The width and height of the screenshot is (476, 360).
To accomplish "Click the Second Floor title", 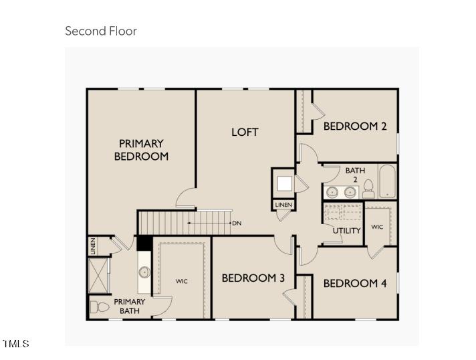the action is [101, 31].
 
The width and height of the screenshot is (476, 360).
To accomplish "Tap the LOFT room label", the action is [245, 132].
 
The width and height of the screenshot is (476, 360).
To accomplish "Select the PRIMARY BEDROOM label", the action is [141, 150].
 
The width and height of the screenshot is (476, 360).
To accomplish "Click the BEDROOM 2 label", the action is [355, 126].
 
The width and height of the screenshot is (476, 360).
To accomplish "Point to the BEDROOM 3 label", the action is [253, 278].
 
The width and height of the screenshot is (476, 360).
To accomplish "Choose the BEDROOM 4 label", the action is [355, 284].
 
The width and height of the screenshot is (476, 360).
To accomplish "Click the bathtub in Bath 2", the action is [387, 181].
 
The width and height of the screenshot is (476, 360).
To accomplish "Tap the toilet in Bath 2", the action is [368, 189].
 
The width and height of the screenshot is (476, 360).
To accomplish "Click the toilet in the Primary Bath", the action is [100, 307].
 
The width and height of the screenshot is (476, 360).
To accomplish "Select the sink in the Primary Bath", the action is [144, 272].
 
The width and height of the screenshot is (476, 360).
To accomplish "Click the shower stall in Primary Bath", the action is [98, 276].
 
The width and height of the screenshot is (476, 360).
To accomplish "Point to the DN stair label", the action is [237, 223].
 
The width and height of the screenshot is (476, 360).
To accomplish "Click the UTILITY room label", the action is [347, 231].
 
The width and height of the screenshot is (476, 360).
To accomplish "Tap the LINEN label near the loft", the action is [283, 205].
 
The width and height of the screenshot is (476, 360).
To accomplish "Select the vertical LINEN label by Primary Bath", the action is [93, 246].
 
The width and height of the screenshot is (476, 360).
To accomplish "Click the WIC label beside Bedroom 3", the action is [182, 281].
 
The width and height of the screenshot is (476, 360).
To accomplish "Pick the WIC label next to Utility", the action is [377, 227].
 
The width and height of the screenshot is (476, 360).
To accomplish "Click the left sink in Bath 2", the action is [333, 192].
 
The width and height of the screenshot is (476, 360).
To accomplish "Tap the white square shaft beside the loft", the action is [285, 183].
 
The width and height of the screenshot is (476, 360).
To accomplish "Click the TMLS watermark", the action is [16, 343].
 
